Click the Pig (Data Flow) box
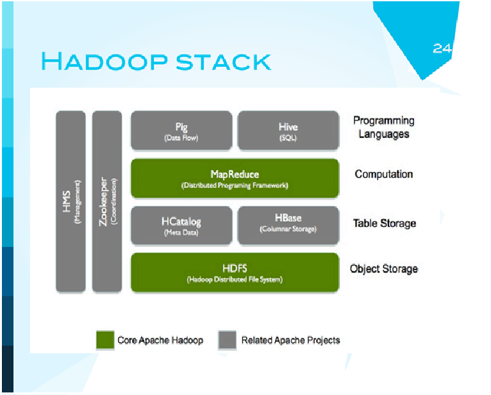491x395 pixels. click(x=181, y=131)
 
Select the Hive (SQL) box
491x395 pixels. click(x=288, y=131)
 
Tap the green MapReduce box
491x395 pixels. click(x=235, y=178)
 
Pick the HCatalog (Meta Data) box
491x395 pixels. click(x=181, y=226)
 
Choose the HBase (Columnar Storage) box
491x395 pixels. click(x=288, y=226)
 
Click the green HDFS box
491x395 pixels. click(x=235, y=273)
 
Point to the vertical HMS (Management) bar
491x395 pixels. click(x=71, y=202)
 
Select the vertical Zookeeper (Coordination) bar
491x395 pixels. click(x=107, y=202)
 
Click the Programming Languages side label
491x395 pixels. click(x=384, y=127)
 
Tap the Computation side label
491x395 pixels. click(x=384, y=174)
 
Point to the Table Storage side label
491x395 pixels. click(x=385, y=223)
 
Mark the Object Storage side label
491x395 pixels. click(x=384, y=269)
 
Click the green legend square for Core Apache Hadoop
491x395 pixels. click(x=105, y=340)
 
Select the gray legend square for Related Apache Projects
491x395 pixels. click(x=228, y=340)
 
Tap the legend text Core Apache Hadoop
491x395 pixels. click(x=160, y=340)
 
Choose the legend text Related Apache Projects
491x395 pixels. click(x=290, y=340)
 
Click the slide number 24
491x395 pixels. click(x=442, y=49)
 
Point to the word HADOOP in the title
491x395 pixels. click(x=104, y=62)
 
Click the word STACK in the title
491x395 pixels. click(x=224, y=62)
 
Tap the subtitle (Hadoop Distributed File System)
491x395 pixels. click(x=235, y=280)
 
